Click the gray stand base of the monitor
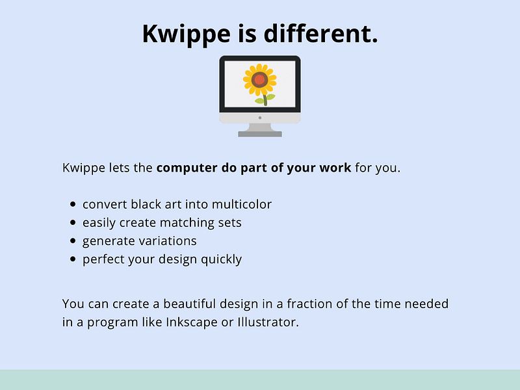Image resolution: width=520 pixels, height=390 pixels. (x=260, y=134)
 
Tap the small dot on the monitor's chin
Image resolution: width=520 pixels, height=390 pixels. (x=260, y=118)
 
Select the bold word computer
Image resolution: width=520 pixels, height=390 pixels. (x=185, y=168)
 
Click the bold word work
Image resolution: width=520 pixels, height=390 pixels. (x=335, y=168)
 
